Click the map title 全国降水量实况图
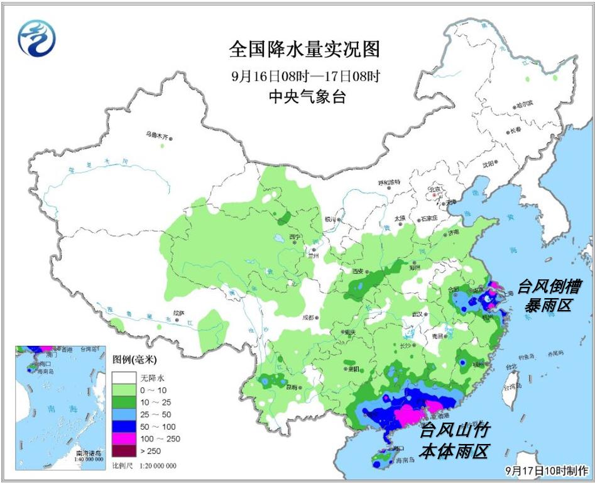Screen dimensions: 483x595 tap(305, 50)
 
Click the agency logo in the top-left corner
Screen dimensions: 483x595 tap(36, 38)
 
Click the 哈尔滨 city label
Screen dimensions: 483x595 tap(523, 103)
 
